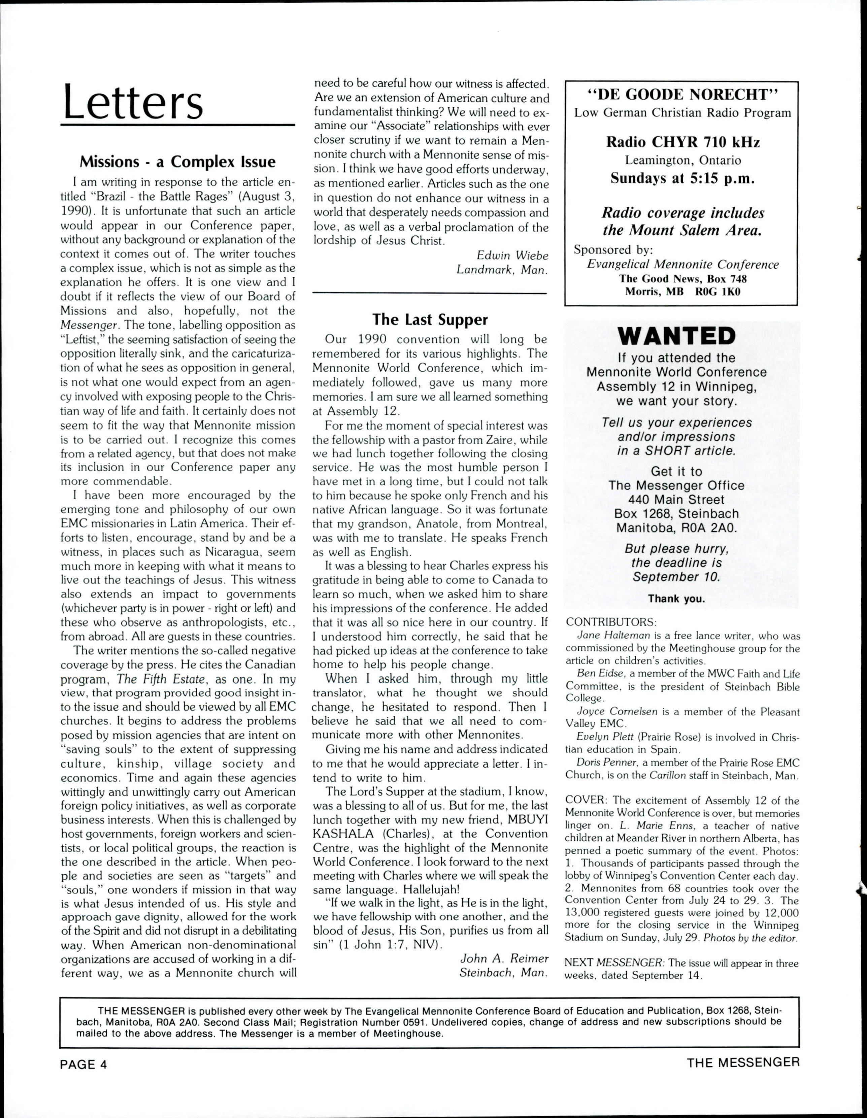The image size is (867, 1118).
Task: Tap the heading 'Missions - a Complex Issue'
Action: (177, 162)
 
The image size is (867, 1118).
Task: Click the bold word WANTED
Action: (676, 336)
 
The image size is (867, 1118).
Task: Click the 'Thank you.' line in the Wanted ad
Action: (676, 599)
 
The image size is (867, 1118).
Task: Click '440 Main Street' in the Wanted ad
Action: (676, 500)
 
